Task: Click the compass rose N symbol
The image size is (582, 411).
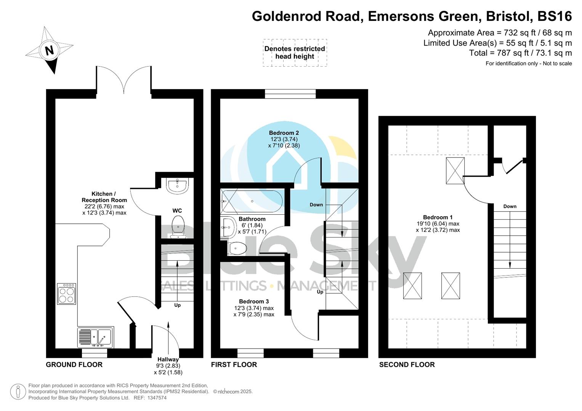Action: click(50, 50)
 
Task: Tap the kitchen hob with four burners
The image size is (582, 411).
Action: click(66, 294)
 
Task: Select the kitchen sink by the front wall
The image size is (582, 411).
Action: click(95, 337)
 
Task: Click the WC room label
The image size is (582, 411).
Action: click(177, 211)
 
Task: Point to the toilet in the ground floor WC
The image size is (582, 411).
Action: click(178, 227)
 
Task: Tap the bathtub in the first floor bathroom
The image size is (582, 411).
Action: click(252, 201)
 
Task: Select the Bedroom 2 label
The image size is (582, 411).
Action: click(284, 133)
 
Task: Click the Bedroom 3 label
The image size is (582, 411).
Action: click(254, 301)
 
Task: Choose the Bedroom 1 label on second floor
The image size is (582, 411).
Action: click(438, 217)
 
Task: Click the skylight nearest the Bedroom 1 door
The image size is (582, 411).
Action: click(455, 171)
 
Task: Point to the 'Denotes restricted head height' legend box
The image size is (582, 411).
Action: click(295, 53)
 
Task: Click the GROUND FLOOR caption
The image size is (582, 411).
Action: click(74, 365)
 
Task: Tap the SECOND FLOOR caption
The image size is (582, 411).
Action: click(407, 365)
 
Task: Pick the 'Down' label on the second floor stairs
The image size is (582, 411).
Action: click(510, 206)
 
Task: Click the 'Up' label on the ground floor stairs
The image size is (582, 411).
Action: click(177, 305)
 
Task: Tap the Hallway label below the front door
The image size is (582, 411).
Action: click(168, 359)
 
